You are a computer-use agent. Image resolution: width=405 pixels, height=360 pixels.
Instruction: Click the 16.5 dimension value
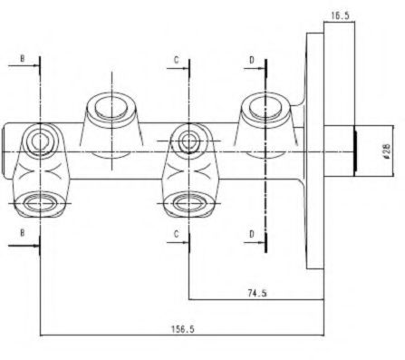point(340,15)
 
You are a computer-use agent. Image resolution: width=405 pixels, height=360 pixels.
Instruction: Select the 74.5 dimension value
point(257,293)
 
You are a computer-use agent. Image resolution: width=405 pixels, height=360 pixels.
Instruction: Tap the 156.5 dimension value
point(183,329)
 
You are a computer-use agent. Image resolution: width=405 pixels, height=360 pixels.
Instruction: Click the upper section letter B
point(22,59)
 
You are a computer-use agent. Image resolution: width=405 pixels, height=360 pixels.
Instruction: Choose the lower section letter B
point(22,232)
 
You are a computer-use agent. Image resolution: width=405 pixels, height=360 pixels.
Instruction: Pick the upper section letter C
point(177,60)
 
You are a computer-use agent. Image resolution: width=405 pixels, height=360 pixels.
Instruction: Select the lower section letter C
point(177,234)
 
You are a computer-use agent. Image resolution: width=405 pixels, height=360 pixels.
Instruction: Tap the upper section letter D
point(252,60)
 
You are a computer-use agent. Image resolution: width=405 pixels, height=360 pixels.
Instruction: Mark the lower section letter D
point(252,234)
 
